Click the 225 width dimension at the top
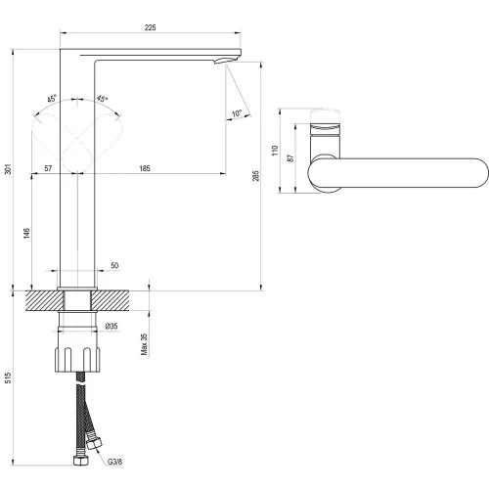[150, 27]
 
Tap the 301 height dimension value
[8, 169]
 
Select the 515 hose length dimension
[8, 378]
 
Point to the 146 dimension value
[26, 233]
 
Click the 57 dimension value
[48, 168]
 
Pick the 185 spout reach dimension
[145, 168]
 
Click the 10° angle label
[237, 113]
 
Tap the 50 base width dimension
[114, 265]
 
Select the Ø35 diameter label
[111, 326]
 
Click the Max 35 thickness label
[144, 344]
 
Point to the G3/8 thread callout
[115, 462]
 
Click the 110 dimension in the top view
[275, 151]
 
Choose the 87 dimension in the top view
[290, 158]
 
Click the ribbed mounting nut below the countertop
[77, 360]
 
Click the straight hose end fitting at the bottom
[81, 460]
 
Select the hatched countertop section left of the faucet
[44, 300]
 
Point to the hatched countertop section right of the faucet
[111, 300]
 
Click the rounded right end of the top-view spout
[488, 173]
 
